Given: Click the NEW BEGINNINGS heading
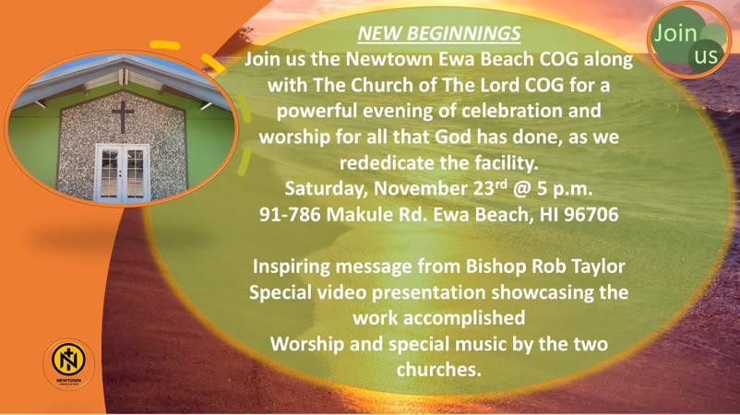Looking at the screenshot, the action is pos(439,33).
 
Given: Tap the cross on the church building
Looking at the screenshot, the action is pos(123,116).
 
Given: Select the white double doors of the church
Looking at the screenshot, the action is pos(122,173).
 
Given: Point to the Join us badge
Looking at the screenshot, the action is pos(688,41).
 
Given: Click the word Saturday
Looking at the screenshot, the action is pos(325,189).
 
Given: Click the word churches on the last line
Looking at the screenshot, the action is pos(438,369).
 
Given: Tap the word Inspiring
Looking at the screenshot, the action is pos(292,267).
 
